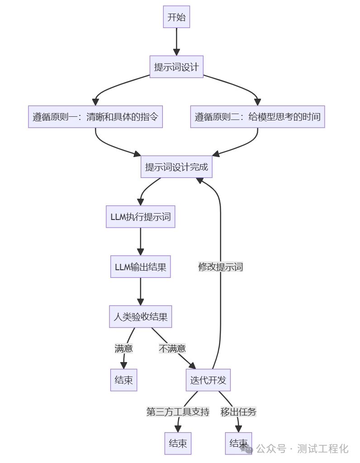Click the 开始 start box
click(x=176, y=18)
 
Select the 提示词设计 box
click(x=176, y=67)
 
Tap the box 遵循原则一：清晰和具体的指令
click(x=95, y=117)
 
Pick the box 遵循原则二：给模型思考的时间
click(x=257, y=117)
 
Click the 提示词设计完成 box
click(x=176, y=167)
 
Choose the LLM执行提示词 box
click(x=140, y=216)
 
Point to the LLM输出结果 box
click(x=140, y=267)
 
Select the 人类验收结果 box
click(x=140, y=317)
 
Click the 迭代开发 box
click(x=208, y=380)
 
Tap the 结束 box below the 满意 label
click(x=123, y=380)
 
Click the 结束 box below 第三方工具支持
click(x=178, y=443)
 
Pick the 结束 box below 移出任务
click(x=238, y=443)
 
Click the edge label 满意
click(x=123, y=348)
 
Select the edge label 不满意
click(x=172, y=348)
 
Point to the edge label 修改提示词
click(x=220, y=267)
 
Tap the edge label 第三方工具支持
click(x=178, y=412)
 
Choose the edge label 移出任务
click(x=238, y=412)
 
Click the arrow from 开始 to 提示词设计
click(x=176, y=42)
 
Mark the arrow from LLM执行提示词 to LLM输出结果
click(x=140, y=242)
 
